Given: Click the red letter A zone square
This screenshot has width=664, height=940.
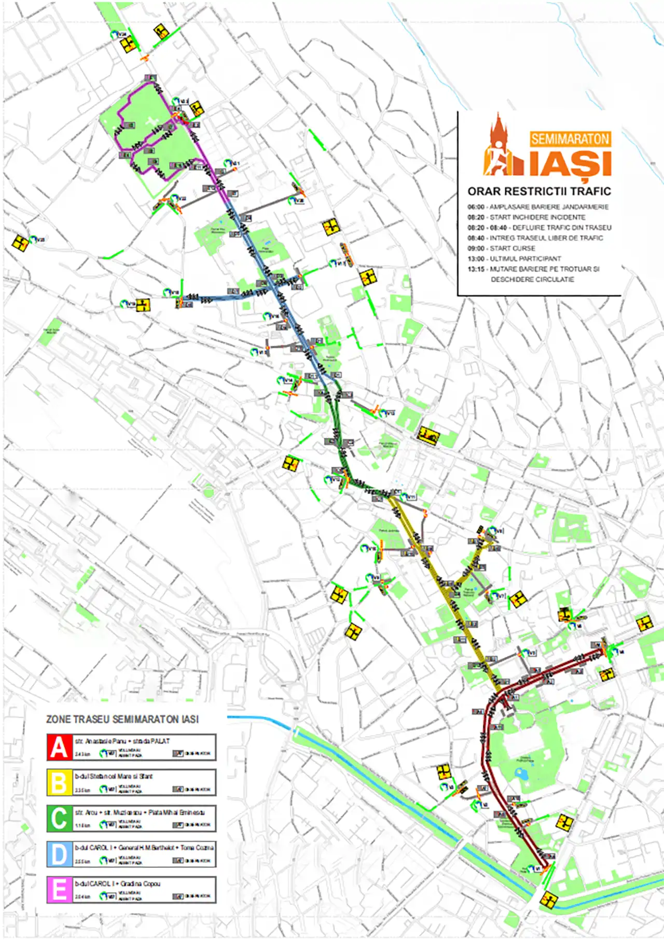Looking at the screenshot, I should [x=59, y=747].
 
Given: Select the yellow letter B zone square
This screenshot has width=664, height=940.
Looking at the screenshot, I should [x=59, y=782].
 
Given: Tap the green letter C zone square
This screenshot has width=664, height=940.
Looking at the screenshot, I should [x=59, y=818].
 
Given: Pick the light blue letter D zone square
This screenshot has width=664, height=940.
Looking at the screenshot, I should [x=59, y=854].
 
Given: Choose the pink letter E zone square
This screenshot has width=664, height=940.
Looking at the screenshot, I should [x=59, y=890].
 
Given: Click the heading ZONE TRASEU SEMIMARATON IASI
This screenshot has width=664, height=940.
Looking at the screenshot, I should [x=122, y=719].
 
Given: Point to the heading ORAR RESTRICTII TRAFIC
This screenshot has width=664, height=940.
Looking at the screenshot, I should [x=539, y=191].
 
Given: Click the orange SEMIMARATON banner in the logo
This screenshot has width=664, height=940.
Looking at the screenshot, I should [x=570, y=139].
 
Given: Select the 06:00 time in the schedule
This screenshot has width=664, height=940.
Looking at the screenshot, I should [x=476, y=207].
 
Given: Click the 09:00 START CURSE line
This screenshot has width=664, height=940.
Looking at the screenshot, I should [x=502, y=248].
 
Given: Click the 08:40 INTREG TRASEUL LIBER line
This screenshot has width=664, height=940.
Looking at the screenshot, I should [x=535, y=238].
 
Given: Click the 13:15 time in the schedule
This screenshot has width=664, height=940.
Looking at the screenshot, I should [x=476, y=269].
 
